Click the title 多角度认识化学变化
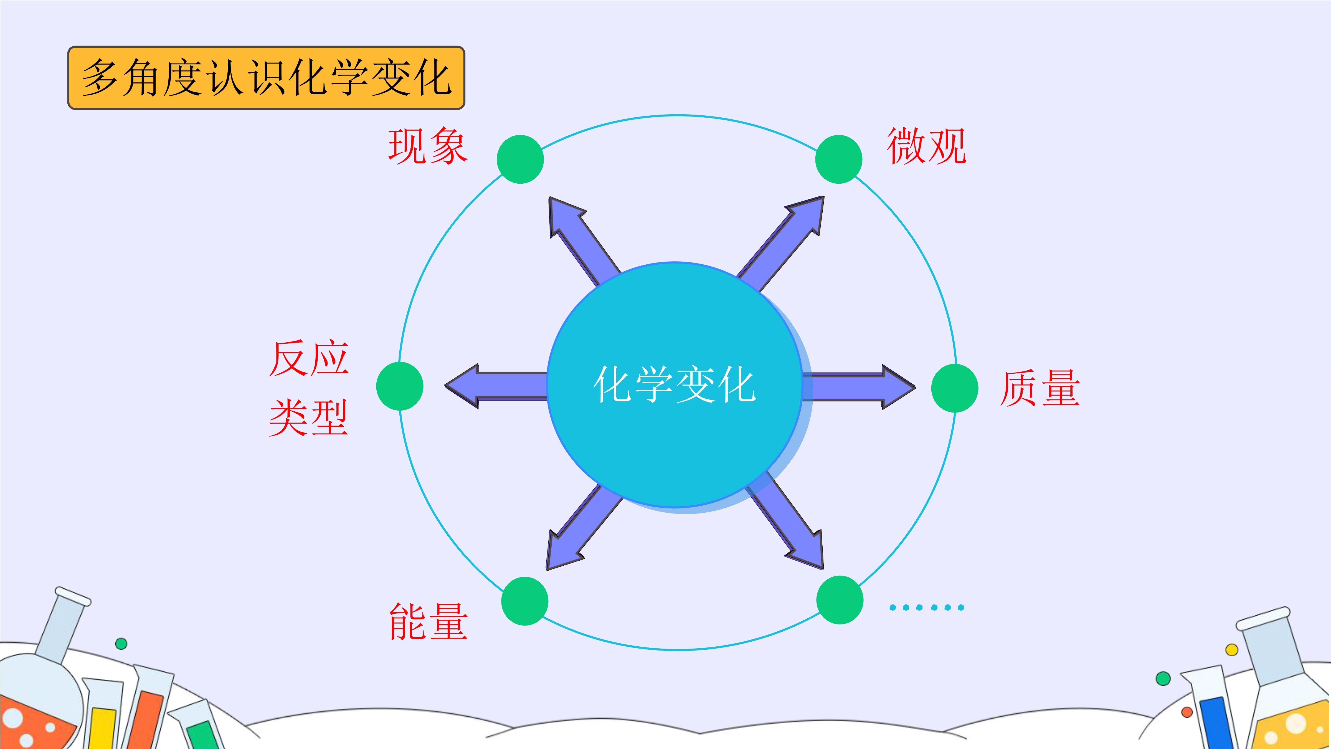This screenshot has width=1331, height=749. [x=266, y=78]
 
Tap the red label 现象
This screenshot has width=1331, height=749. [x=428, y=146]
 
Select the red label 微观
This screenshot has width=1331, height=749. [x=926, y=146]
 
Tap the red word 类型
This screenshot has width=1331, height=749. [x=308, y=418]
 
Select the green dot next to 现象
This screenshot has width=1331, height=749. [x=520, y=159]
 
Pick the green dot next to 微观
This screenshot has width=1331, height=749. [x=839, y=159]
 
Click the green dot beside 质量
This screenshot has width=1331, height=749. [x=955, y=388]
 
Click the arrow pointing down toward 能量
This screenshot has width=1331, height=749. [x=585, y=527]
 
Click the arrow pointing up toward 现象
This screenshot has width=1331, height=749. [x=585, y=241]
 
